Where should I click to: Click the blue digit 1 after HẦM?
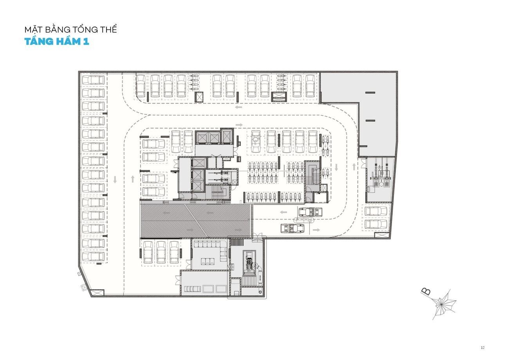[x=86, y=42]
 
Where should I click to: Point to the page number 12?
[x=483, y=347]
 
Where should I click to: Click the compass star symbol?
[x=442, y=304]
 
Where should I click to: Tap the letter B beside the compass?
[x=426, y=291]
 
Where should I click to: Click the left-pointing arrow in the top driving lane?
[x=238, y=107]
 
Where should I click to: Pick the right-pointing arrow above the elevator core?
[x=239, y=125]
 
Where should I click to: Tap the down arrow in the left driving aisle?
[x=115, y=180]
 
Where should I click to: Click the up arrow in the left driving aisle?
[x=133, y=179]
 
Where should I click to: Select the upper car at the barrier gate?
[x=310, y=212]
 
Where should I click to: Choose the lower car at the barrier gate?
[x=293, y=228]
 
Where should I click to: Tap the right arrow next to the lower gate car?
[x=316, y=230]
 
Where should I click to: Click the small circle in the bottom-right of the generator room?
[x=260, y=292]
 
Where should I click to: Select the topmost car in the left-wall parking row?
[x=94, y=80]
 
